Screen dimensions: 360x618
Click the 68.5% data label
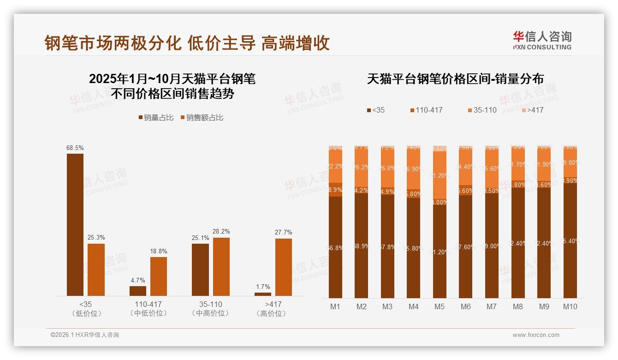75,148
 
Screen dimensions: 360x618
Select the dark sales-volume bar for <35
75,225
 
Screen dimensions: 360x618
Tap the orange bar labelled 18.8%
159,276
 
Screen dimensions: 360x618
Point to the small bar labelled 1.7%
263,294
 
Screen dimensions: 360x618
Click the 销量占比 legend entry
156,118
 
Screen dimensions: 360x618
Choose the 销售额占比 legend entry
202,118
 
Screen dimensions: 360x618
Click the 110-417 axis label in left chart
148,305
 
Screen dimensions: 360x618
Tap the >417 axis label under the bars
273,305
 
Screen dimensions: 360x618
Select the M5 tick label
440,306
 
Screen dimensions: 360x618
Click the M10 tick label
570,306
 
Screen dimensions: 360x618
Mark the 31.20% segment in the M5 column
440,175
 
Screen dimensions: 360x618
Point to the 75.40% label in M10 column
570,241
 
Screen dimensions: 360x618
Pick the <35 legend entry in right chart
375,110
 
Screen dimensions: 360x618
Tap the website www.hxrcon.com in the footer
536,335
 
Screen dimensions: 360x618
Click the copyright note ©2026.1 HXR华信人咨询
85,335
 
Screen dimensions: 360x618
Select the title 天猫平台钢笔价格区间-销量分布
455,79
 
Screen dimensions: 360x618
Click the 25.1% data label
201,238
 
